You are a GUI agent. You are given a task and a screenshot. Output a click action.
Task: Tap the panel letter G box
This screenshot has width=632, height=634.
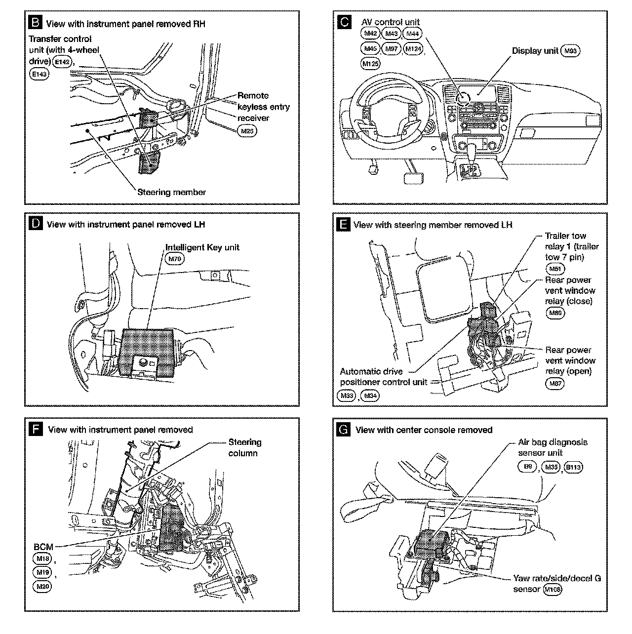(x=343, y=429)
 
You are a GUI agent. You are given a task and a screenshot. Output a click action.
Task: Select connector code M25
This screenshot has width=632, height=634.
(x=247, y=131)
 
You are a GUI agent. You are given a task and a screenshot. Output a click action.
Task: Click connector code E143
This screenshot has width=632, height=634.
(x=39, y=74)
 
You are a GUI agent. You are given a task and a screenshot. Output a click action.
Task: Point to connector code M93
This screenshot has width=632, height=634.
(x=571, y=51)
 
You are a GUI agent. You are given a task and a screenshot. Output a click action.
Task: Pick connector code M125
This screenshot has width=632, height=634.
(x=371, y=64)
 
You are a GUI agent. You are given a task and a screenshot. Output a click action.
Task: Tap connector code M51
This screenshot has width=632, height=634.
(x=555, y=269)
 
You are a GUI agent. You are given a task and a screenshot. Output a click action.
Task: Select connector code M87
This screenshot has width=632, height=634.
(x=555, y=383)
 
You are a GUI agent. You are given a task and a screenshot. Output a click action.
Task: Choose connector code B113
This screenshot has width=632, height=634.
(x=573, y=466)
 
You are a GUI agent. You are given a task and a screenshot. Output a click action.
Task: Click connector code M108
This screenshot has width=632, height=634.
(x=553, y=589)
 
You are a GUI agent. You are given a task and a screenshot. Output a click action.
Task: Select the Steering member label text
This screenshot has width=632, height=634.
(x=171, y=192)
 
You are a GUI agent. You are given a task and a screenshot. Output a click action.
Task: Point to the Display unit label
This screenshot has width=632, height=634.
(x=535, y=51)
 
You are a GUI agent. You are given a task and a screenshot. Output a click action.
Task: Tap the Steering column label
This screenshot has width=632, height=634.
(x=245, y=447)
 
